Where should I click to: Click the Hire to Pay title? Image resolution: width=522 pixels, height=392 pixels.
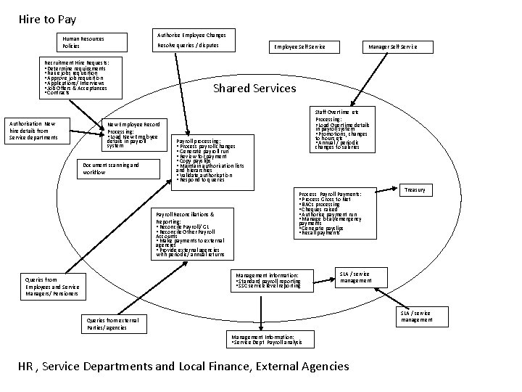click(x=47, y=20)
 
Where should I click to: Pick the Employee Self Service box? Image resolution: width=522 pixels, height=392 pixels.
click(x=299, y=47)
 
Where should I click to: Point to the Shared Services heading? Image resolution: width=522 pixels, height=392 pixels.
click(x=254, y=88)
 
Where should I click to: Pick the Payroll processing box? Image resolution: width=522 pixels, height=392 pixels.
click(x=213, y=160)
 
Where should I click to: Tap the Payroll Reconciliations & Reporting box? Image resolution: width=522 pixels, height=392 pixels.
click(x=191, y=234)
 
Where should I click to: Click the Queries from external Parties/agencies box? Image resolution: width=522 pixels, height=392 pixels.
click(x=112, y=323)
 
